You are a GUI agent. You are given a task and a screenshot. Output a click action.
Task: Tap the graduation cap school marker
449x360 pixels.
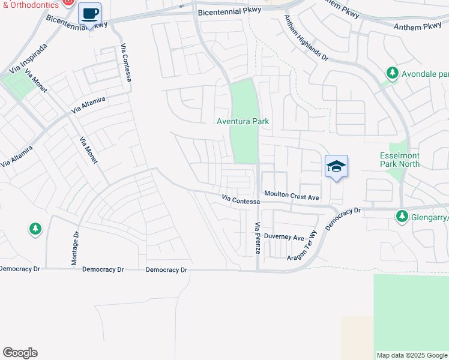pos(336,166)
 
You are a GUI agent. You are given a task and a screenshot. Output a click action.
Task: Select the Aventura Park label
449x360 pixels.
pos(243,121)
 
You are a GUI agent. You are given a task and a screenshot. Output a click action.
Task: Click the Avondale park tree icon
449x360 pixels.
pos(393,74)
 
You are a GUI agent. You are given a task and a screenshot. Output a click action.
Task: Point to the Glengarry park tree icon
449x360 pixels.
pos(402,216)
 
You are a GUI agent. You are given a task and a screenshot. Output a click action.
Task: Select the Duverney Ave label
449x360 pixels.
pos(285,238)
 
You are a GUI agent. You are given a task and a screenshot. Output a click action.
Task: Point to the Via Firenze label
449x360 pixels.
pos(258,237)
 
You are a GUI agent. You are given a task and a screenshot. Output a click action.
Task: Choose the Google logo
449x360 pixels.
pos(20,353)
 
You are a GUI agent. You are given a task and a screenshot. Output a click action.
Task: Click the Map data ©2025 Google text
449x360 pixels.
pos(411,355)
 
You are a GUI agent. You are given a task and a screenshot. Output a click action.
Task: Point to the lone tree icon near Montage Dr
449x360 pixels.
pos(35,229)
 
